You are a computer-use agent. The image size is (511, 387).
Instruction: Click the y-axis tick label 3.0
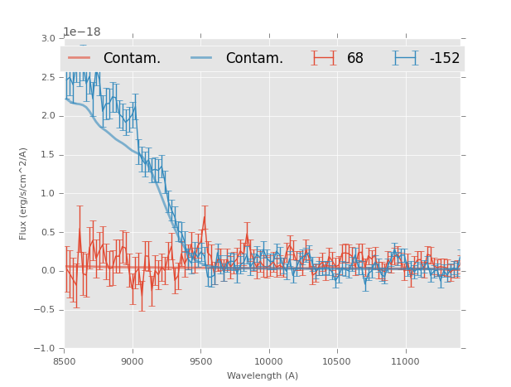[49, 38]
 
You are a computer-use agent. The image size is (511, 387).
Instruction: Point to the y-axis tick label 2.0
[49, 116]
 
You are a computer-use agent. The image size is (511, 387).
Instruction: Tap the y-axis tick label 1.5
[49, 155]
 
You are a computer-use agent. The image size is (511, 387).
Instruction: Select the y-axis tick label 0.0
[49, 271]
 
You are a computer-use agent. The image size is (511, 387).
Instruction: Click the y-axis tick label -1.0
[46, 349]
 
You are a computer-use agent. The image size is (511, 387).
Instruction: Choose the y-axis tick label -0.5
[46, 310]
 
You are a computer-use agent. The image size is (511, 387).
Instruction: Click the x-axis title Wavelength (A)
[263, 375]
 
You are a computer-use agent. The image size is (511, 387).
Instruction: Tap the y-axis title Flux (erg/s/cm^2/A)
[24, 193]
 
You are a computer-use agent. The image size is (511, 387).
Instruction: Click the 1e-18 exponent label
[82, 31]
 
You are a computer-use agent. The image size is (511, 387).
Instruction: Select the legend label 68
[355, 59]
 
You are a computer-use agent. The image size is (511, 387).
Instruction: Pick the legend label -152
[444, 59]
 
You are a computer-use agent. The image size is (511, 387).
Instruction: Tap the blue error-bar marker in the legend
[405, 58]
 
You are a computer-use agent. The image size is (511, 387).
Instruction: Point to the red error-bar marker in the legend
[324, 58]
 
